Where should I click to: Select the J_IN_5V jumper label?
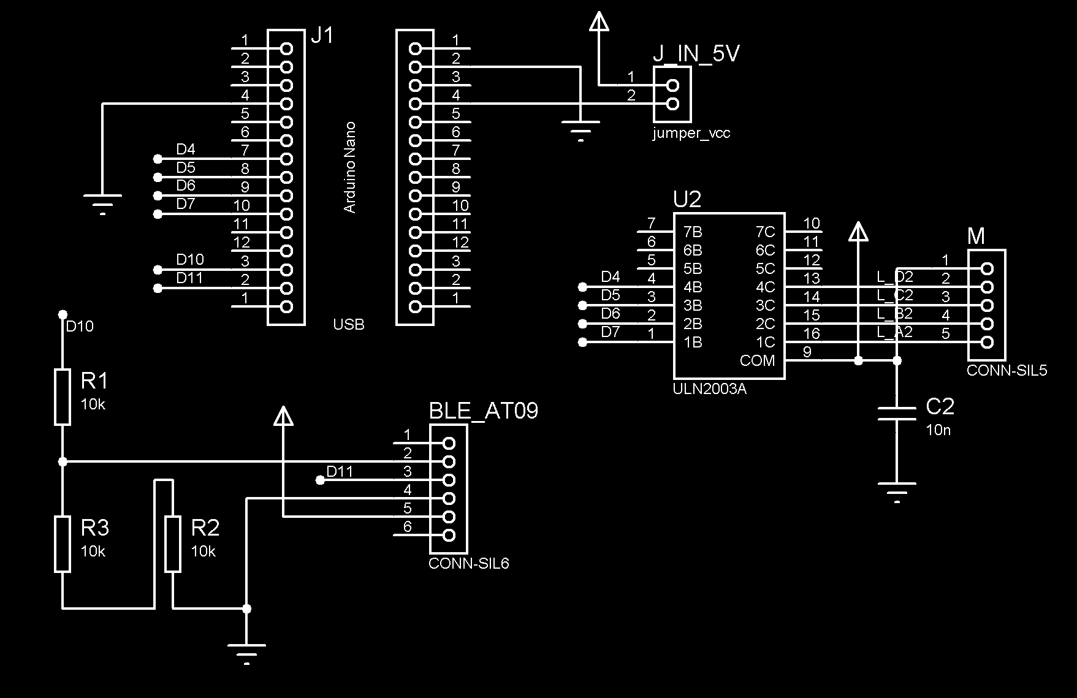696,54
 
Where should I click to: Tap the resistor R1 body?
63,396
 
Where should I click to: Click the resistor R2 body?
173,544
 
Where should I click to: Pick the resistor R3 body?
63,544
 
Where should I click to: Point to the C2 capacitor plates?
896,414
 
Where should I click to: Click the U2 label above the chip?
687,200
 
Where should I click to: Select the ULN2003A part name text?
709,389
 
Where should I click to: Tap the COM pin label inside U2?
757,361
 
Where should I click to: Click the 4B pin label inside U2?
693,287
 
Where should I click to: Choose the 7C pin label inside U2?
765,232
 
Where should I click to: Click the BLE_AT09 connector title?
483,411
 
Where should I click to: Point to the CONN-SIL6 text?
468,564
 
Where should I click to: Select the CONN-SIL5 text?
1007,371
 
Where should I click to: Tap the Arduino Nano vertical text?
349,167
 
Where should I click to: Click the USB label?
348,325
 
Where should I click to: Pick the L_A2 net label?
895,332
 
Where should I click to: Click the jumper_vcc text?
691,134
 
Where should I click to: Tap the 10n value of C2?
938,430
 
